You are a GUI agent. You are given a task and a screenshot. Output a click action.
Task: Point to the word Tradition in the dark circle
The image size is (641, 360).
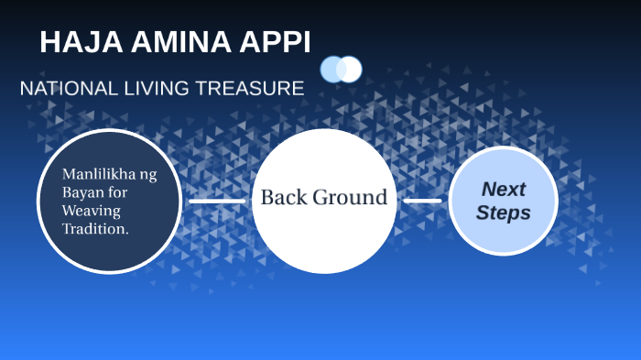pyautogui.click(x=93, y=229)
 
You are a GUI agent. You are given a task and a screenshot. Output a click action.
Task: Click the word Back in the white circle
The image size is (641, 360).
pyautogui.click(x=285, y=197)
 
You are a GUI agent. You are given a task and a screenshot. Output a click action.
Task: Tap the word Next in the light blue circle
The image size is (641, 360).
pyautogui.click(x=504, y=190)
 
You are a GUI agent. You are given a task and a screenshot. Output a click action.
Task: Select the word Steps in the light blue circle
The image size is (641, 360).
pyautogui.click(x=504, y=213)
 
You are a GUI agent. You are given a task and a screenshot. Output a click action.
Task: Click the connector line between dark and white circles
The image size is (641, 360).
pyautogui.click(x=217, y=201)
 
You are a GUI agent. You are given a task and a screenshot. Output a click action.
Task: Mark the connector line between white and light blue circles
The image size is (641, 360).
pyautogui.click(x=422, y=201)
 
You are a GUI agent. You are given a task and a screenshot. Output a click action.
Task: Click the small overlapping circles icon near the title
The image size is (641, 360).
pyautogui.click(x=341, y=69)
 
